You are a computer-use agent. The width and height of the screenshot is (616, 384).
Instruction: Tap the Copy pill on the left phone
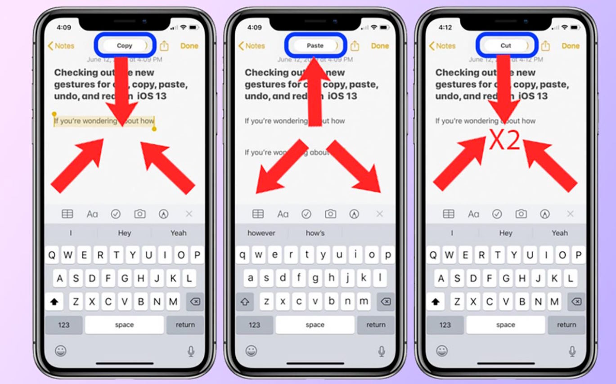click(x=125, y=45)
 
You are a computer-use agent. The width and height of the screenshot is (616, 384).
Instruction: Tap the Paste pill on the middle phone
click(x=315, y=45)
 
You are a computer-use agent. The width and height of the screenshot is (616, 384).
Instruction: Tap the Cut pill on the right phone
click(x=506, y=45)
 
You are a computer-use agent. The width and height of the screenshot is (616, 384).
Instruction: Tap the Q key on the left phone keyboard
click(x=52, y=255)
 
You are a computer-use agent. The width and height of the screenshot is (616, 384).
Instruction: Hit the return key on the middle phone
click(x=376, y=325)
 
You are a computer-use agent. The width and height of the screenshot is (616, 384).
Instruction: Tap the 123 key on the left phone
click(x=64, y=325)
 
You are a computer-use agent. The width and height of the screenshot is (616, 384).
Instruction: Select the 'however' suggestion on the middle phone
click(x=261, y=233)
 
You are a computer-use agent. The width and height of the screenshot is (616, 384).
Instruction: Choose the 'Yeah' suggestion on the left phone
click(x=178, y=233)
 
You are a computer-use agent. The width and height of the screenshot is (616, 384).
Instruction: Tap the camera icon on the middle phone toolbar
click(x=331, y=214)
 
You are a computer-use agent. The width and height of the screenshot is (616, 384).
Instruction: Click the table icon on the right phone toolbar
click(x=449, y=214)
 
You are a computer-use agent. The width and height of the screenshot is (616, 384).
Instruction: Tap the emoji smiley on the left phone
click(x=61, y=351)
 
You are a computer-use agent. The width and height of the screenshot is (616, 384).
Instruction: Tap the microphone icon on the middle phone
click(x=382, y=351)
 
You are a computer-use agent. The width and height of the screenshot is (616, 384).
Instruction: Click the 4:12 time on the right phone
click(x=445, y=27)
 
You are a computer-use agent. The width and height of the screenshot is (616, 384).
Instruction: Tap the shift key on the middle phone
click(x=245, y=302)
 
